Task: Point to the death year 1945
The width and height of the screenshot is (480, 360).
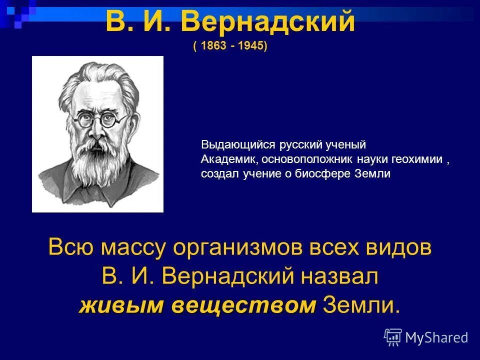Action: pos(251,46)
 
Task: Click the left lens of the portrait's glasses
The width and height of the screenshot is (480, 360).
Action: pos(82,119)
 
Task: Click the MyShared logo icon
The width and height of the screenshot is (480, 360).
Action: pos(393,337)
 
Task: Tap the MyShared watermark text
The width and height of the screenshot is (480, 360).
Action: pos(436,338)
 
